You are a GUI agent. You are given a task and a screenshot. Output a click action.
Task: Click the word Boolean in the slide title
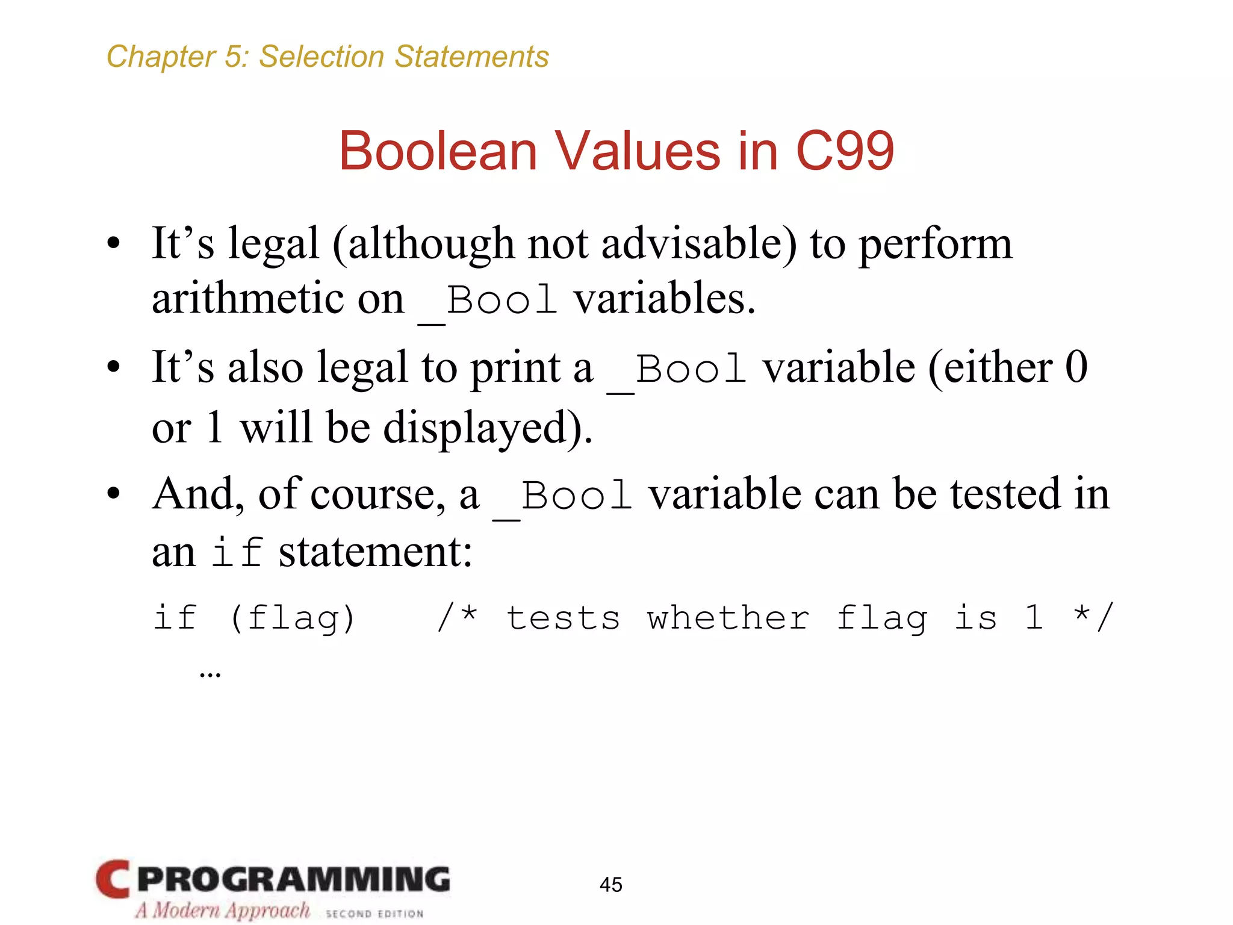point(438,151)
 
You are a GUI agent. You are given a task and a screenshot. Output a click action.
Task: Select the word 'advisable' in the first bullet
point(699,244)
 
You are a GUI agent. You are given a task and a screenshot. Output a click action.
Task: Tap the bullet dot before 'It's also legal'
point(113,367)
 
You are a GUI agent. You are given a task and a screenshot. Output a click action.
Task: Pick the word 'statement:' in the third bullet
point(375,552)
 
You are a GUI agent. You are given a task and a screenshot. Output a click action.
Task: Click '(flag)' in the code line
point(293,618)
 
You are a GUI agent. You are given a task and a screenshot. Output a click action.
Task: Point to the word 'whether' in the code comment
point(728,618)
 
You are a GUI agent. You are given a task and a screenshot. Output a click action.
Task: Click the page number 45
point(610,885)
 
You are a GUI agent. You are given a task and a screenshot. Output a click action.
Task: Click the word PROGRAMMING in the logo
point(293,879)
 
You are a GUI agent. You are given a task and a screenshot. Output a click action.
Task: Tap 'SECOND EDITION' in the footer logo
point(374,914)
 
